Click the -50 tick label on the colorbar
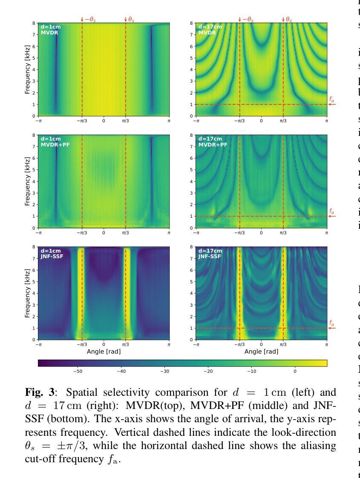tap(78, 371)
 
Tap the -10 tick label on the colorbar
tap(251, 371)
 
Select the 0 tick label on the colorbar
tap(295, 371)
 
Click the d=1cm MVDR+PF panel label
tap(51, 141)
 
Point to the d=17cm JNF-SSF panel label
tap(210, 253)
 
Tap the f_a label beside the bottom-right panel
tap(331, 323)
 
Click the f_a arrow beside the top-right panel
tap(332, 104)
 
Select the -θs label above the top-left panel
tap(89, 20)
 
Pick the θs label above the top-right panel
tap(288, 20)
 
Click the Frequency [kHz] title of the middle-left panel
tap(27, 181)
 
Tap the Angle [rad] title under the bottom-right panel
tap(261, 352)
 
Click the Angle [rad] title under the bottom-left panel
tap(104, 352)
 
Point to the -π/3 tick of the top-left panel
tap(82, 121)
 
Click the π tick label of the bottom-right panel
tap(327, 345)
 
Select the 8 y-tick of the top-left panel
tap(35, 23)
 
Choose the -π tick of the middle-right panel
tap(196, 233)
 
